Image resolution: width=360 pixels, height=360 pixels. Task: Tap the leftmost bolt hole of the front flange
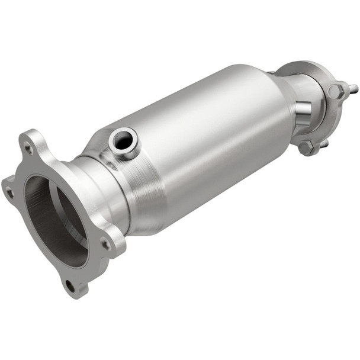tap(9, 192)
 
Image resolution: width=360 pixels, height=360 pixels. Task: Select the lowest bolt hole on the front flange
tap(70, 286)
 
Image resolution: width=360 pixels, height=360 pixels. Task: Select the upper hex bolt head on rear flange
tap(335, 91)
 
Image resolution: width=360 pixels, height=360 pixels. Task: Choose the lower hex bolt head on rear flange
tap(306, 147)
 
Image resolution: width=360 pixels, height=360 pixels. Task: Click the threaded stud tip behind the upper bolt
tap(354, 89)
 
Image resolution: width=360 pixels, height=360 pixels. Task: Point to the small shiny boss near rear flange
tap(302, 109)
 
